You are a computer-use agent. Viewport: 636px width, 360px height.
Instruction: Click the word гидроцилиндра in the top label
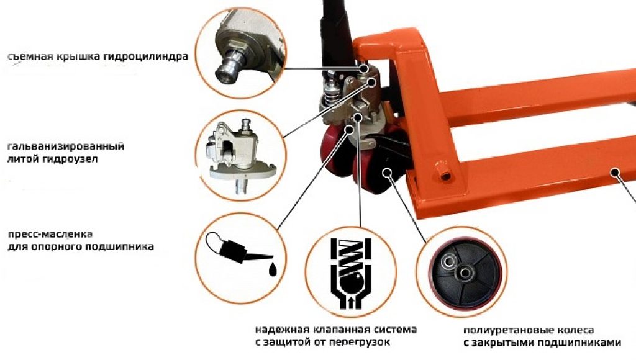point(145,56)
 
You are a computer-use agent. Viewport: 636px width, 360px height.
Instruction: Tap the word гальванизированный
point(66,146)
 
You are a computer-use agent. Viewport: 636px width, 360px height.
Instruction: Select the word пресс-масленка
point(50,235)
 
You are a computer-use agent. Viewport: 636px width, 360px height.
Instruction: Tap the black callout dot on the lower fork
point(616,172)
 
